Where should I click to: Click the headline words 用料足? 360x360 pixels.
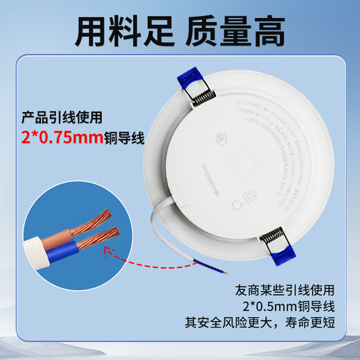[x=111, y=30]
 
